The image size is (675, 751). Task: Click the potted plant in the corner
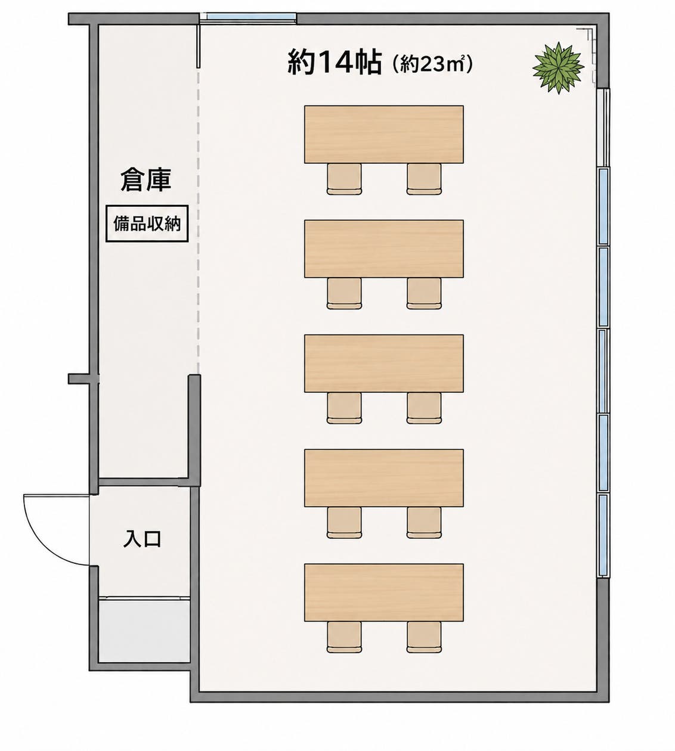[558, 68]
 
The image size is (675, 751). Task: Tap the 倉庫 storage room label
[145, 180]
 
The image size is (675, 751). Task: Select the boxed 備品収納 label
[147, 224]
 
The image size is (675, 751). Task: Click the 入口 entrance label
[142, 539]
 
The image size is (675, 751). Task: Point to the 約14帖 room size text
[335, 62]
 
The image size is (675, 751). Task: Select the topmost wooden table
[384, 134]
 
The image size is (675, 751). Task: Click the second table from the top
[384, 249]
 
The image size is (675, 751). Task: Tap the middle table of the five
[384, 363]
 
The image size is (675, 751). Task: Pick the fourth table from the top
[384, 478]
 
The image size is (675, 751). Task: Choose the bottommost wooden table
[384, 592]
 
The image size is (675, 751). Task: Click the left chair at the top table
[344, 179]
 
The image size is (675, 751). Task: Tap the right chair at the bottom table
[424, 637]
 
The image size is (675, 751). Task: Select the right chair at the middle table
[424, 408]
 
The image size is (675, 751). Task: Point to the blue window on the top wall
[251, 16]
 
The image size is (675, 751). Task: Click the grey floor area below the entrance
[144, 631]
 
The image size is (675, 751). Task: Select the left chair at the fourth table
[344, 523]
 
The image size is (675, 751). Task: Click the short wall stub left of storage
[79, 378]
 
